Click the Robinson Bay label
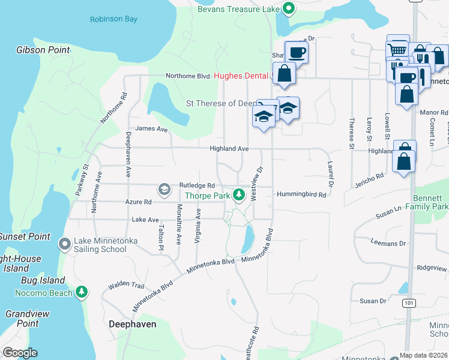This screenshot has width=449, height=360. pos(113,19)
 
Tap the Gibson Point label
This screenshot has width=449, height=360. pos(43,50)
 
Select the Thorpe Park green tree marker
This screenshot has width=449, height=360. pos(239,194)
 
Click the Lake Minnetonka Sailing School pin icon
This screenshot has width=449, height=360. pos(65,244)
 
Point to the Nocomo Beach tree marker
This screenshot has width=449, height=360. pos(82,292)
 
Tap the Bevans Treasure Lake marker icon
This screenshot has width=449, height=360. pos(288,8)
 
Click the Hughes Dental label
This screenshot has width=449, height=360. pos(240,76)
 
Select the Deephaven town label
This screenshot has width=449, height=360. pos(132,324)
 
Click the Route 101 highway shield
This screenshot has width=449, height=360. pos(409,304)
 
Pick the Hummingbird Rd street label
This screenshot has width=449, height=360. pos(301,194)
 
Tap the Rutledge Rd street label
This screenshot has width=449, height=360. pos(196,185)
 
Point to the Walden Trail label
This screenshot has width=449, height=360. pos(127,286)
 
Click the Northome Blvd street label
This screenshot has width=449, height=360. pos(187,76)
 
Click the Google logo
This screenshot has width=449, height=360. pos(20,353)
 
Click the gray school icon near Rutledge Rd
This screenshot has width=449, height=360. pos(163,190)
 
